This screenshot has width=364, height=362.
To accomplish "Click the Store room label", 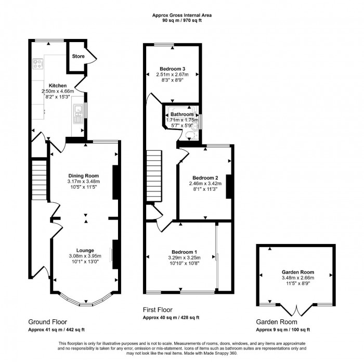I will [79, 56].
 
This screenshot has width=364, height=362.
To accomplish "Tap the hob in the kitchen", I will [38, 64].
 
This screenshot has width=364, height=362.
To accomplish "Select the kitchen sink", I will [78, 113].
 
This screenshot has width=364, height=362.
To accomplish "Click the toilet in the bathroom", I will [191, 134].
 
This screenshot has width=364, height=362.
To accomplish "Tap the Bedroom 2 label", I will [205, 178].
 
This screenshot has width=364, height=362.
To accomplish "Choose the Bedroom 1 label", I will [180, 251].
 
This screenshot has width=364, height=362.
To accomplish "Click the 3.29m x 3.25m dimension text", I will [180, 257].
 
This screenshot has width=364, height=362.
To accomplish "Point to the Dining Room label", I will [83, 175].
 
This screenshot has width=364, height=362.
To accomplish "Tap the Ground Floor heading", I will [47, 322].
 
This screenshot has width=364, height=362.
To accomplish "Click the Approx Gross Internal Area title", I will [182, 16].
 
